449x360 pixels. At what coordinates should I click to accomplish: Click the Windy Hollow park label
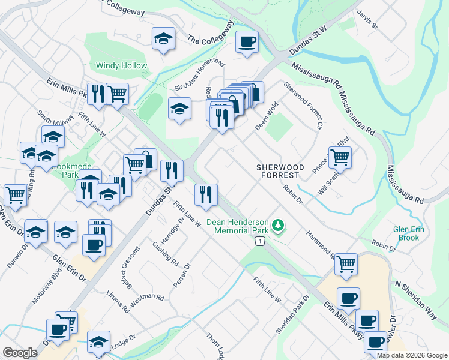(121, 65)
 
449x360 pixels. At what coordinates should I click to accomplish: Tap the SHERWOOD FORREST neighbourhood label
(280, 171)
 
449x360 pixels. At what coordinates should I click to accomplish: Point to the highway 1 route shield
(259, 241)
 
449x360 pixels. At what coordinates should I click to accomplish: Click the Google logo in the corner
(20, 352)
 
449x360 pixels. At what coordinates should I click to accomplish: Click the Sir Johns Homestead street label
(199, 76)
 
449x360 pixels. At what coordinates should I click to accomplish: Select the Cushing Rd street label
(165, 254)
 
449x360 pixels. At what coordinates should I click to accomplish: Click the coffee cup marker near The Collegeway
(246, 42)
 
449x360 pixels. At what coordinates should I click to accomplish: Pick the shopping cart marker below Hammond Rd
(345, 264)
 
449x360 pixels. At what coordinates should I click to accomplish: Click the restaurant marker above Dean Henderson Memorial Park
(205, 194)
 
